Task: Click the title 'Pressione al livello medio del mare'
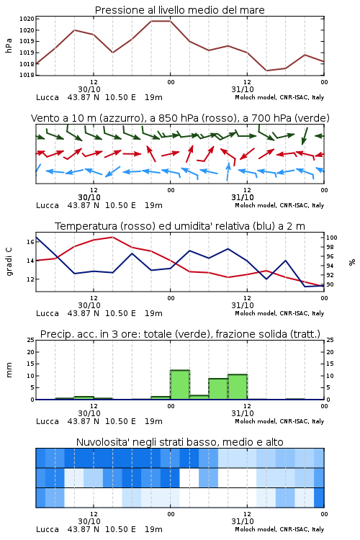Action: [179, 10]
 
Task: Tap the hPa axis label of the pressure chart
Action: [9, 46]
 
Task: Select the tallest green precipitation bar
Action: [180, 384]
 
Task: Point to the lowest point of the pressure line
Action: [266, 71]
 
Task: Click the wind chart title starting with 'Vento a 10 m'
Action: [180, 118]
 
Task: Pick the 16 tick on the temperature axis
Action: [30, 242]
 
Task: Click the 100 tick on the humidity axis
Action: [332, 238]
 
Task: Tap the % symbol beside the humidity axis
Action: [352, 262]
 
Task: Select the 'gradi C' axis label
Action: [9, 261]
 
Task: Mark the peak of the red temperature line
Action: [112, 237]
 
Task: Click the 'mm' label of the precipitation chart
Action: [9, 370]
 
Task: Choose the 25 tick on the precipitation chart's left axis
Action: [30, 340]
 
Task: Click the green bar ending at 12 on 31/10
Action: [238, 387]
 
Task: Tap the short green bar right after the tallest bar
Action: [199, 397]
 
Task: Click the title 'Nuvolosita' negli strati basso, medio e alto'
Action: [179, 442]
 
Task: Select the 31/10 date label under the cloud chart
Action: [243, 521]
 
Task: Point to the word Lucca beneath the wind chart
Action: [48, 206]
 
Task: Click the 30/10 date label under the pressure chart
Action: [89, 89]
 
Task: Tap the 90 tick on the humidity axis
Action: [330, 285]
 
